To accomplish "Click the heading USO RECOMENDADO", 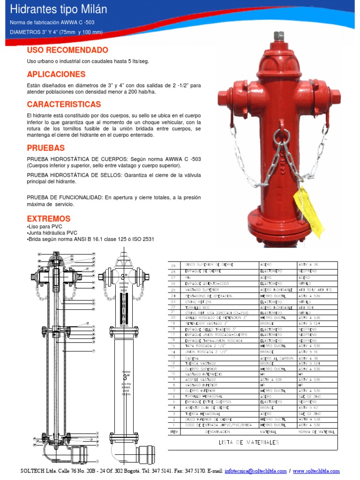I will [x=67, y=50].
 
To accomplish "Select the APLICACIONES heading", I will [x=56, y=74].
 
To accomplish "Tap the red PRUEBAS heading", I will [x=45, y=148].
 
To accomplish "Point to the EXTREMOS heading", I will [x=49, y=219].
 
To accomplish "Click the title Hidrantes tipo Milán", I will [x=59, y=9].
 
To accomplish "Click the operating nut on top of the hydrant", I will [x=279, y=36].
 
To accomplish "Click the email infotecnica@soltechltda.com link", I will [x=256, y=471].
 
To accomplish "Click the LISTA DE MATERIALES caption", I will [x=249, y=442].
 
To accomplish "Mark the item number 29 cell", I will [x=173, y=265].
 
